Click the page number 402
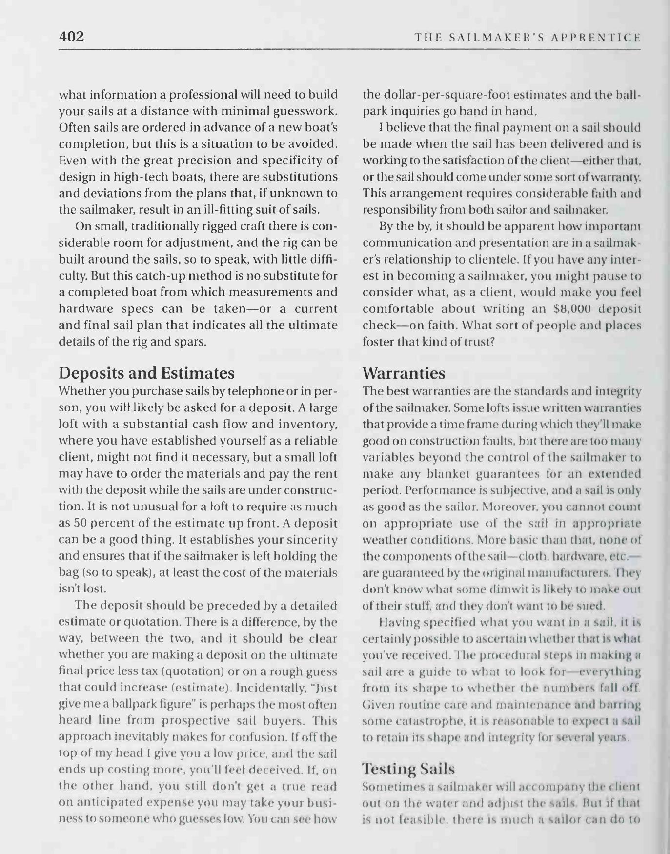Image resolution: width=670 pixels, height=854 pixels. click(x=71, y=37)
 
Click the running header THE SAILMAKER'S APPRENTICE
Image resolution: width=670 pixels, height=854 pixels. click(x=527, y=37)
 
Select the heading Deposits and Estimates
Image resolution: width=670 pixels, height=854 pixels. click(x=146, y=373)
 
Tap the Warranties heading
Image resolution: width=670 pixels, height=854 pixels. click(x=404, y=373)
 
